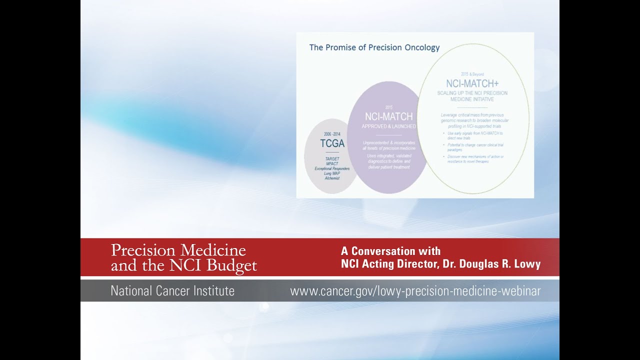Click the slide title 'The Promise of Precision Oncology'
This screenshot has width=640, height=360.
click(x=374, y=48)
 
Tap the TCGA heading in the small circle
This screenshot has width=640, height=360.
click(x=332, y=143)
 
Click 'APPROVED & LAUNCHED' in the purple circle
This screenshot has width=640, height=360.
click(x=388, y=126)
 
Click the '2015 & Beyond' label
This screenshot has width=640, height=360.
click(x=472, y=74)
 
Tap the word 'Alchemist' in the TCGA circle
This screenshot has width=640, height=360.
click(x=331, y=178)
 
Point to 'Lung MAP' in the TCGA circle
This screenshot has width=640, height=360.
click(x=331, y=173)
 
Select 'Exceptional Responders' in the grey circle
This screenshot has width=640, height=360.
click(x=331, y=168)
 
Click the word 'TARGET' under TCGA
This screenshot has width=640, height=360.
click(x=331, y=159)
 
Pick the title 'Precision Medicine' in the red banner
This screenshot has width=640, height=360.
click(x=178, y=250)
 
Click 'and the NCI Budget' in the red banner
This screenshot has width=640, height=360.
click(x=183, y=265)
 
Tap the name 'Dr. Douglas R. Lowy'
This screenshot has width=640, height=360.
click(x=492, y=264)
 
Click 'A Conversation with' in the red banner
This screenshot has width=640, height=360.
click(x=390, y=251)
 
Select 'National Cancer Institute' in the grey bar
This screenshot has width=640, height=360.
click(x=172, y=291)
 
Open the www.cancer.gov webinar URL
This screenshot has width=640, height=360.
click(x=415, y=291)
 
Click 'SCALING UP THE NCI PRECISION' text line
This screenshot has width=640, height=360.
click(x=472, y=93)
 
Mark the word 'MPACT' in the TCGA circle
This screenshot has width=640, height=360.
click(x=331, y=164)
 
